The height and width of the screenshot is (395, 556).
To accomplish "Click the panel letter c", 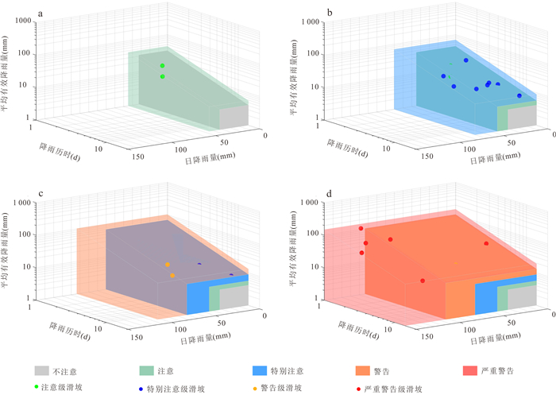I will (x=41, y=194).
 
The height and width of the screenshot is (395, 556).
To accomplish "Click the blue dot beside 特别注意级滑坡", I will (x=141, y=389).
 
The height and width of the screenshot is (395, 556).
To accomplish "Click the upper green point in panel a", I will (x=162, y=65).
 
